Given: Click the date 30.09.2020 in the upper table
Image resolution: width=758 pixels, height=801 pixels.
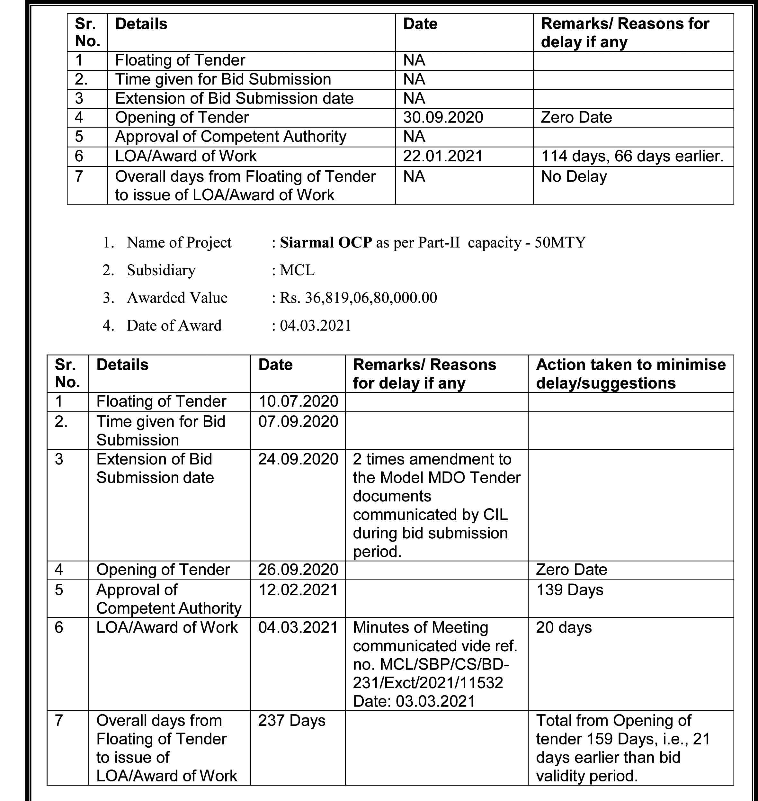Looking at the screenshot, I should (443, 118).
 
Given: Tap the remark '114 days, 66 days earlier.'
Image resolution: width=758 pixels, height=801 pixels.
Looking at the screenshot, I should (632, 156).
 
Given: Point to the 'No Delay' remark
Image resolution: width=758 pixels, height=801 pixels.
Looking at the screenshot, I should (574, 176).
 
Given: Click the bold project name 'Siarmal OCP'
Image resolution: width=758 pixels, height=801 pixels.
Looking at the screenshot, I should (326, 242).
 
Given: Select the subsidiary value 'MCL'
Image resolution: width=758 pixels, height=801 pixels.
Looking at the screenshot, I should (297, 270).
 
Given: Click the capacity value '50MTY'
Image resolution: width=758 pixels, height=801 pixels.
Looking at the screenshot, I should (560, 242).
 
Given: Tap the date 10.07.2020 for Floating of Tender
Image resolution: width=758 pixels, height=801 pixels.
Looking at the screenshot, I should (298, 401).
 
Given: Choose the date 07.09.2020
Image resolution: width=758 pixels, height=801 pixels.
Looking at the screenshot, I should (298, 421).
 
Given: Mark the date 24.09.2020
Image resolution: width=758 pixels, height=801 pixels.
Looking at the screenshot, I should (298, 459).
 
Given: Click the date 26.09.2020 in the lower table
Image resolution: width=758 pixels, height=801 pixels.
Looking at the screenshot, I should (298, 570).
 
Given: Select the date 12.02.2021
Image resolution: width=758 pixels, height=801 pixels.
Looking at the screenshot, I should (298, 589).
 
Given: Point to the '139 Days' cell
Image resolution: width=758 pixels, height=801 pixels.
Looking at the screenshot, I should (569, 589).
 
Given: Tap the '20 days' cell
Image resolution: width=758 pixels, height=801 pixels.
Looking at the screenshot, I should (564, 627).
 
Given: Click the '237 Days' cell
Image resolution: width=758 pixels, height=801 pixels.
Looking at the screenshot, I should (292, 721).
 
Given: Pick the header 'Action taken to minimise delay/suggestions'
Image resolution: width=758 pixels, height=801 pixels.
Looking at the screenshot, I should (631, 373).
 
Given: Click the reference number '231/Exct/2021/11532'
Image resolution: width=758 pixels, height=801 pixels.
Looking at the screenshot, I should (428, 683).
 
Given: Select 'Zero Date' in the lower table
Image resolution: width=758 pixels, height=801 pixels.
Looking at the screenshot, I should (571, 570).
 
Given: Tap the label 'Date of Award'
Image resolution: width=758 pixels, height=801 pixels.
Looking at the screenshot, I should (174, 325).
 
